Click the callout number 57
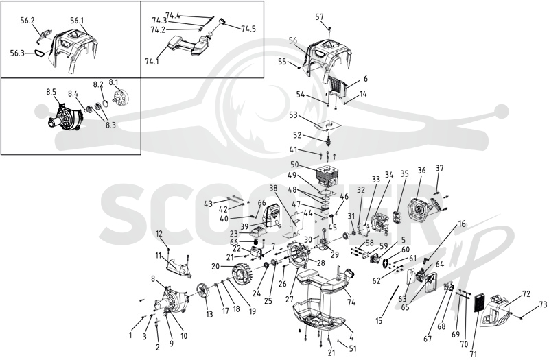(x=319, y=16)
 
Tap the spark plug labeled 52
(x=328, y=141)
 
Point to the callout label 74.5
(x=248, y=29)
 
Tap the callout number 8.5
(x=51, y=92)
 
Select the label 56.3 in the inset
(x=18, y=53)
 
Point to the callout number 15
(x=379, y=320)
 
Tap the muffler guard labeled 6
(x=338, y=88)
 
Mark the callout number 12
(x=159, y=233)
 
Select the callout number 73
(x=542, y=304)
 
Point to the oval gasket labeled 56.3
(x=39, y=54)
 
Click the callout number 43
(x=208, y=203)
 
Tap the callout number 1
(x=130, y=335)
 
